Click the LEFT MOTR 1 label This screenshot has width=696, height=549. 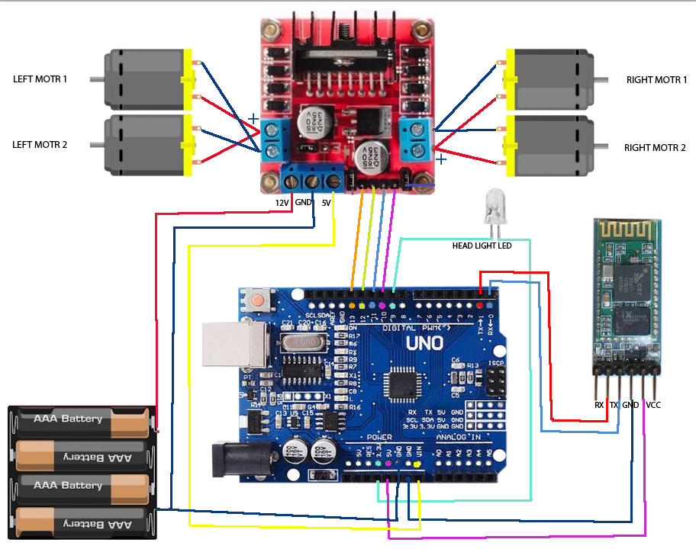pyautogui.click(x=40, y=79)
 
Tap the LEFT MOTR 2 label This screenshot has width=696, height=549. pyautogui.click(x=40, y=143)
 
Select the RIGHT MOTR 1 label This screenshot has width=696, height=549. pyautogui.click(x=656, y=79)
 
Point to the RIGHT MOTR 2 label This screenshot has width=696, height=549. pyautogui.click(x=655, y=148)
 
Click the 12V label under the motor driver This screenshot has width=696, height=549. pyautogui.click(x=282, y=203)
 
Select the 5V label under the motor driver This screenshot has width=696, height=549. pyautogui.click(x=326, y=203)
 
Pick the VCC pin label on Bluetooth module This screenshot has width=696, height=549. pyautogui.click(x=653, y=405)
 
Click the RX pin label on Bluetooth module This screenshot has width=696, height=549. pyautogui.click(x=599, y=405)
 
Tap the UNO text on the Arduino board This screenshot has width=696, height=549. pyautogui.click(x=424, y=343)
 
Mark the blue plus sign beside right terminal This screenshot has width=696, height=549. pyautogui.click(x=441, y=159)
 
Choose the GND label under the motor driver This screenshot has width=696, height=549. pyautogui.click(x=304, y=203)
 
